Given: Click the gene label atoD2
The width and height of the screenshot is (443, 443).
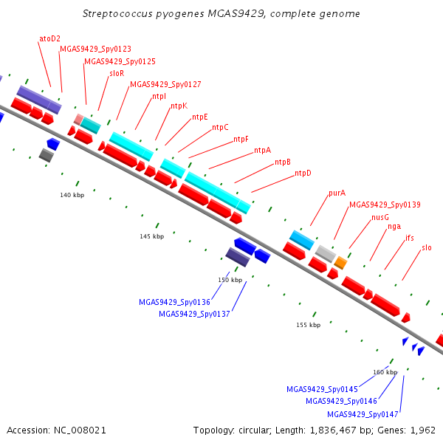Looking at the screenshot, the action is (49, 38).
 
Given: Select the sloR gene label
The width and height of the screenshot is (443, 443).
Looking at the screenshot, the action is (117, 73).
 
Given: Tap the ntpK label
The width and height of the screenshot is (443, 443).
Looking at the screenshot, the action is (179, 106).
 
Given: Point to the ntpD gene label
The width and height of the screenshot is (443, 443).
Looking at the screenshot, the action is (303, 173).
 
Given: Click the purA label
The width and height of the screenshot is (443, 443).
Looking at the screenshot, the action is (337, 193).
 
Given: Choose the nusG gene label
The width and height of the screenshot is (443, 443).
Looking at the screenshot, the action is (380, 217).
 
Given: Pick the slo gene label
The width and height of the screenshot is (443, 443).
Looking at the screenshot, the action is (427, 248).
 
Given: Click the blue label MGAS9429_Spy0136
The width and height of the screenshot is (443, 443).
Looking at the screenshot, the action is (174, 302).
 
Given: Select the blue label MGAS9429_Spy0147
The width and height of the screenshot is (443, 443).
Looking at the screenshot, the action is (363, 414).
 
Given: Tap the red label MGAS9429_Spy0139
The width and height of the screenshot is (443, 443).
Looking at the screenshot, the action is (385, 205).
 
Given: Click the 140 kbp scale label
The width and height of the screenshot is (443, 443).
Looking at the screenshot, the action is (72, 195).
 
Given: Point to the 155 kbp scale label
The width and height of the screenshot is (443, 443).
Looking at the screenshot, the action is (308, 325).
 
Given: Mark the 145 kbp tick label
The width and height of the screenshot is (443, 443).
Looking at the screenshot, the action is (151, 236).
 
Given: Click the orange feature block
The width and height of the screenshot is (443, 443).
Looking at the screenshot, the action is (340, 263).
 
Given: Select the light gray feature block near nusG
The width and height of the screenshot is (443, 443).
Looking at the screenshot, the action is (326, 254).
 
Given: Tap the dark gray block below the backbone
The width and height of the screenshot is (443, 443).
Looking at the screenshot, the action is (46, 155).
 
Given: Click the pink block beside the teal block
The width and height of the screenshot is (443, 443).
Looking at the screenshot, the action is (78, 119).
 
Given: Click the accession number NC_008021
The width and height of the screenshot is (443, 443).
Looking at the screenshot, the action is (80, 430).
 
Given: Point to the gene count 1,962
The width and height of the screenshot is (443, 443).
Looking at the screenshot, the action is (422, 430).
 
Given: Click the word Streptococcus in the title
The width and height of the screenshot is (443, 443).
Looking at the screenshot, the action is (117, 13).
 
